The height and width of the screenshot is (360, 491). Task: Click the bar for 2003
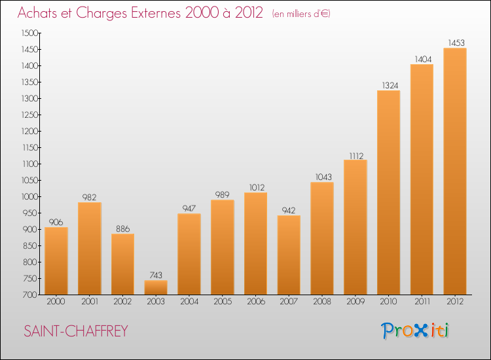(x=156, y=287)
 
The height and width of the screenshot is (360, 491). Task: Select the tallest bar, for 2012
(x=455, y=171)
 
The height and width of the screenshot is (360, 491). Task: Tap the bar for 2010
(x=388, y=192)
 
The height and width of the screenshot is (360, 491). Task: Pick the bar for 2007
(x=289, y=255)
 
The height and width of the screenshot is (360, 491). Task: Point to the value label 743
(x=156, y=276)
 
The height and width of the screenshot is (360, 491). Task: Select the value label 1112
(x=355, y=155)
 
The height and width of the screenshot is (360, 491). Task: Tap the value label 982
(x=90, y=198)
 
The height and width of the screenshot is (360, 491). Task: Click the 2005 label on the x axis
(x=222, y=302)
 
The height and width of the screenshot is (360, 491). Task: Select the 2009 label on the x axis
(x=355, y=302)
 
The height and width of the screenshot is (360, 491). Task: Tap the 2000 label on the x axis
(x=56, y=302)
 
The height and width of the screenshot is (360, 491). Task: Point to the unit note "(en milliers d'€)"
(x=300, y=14)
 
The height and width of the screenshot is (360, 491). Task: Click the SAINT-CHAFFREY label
(x=76, y=331)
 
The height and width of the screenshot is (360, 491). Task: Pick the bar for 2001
(x=90, y=249)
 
